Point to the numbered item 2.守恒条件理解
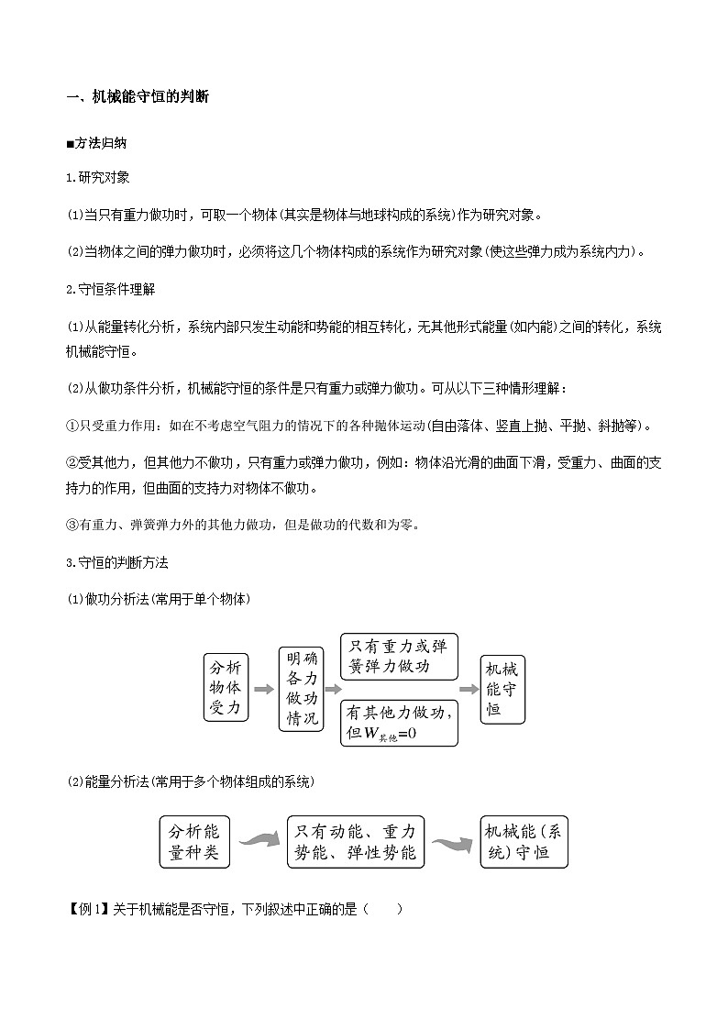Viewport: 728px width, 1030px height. point(111,289)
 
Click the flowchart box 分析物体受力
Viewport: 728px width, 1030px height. point(226,687)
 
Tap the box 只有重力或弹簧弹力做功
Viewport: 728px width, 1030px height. point(399,656)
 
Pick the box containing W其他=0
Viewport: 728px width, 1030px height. point(399,723)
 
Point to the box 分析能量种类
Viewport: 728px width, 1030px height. point(194,842)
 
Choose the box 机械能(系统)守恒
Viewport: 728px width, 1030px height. point(524,842)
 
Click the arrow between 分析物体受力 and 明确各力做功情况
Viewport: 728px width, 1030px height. point(263,688)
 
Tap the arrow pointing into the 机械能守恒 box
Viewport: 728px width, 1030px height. point(469,688)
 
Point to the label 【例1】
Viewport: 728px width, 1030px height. point(88,910)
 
